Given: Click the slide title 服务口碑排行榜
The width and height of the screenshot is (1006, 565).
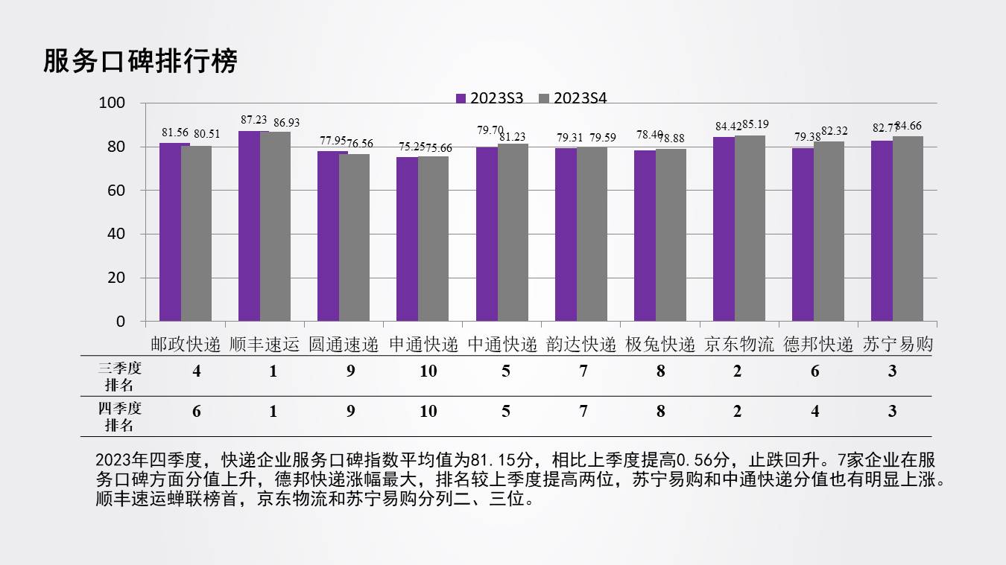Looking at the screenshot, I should (140, 61).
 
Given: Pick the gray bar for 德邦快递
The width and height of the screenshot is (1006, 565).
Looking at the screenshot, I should (829, 231).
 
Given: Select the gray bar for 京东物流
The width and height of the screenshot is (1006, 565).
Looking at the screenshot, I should (750, 228).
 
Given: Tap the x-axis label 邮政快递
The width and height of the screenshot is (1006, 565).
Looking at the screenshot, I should (186, 345).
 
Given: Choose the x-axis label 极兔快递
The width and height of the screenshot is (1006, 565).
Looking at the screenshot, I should (659, 345).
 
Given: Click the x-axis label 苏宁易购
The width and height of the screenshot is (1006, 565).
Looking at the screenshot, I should (897, 345).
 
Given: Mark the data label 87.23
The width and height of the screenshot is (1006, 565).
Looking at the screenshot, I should (254, 120).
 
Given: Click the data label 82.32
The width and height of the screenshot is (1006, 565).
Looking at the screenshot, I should (835, 131).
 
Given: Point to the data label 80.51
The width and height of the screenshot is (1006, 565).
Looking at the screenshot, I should (207, 134).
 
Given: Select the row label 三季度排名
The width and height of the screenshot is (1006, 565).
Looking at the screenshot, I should (119, 376).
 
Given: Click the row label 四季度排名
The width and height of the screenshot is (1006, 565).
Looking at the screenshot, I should (119, 416).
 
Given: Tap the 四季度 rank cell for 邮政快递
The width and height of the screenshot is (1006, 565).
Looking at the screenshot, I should (197, 412).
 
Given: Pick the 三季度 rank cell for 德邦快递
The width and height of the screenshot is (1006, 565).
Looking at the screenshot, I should (814, 371).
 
